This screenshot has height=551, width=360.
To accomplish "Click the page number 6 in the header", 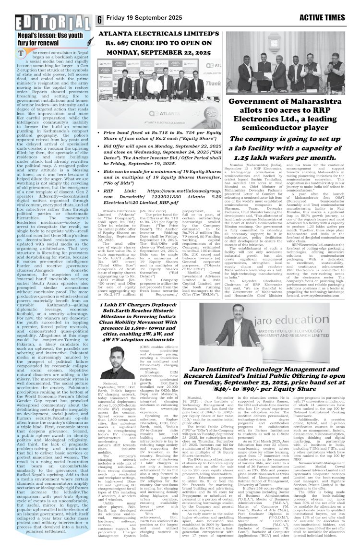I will pos(100,20).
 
